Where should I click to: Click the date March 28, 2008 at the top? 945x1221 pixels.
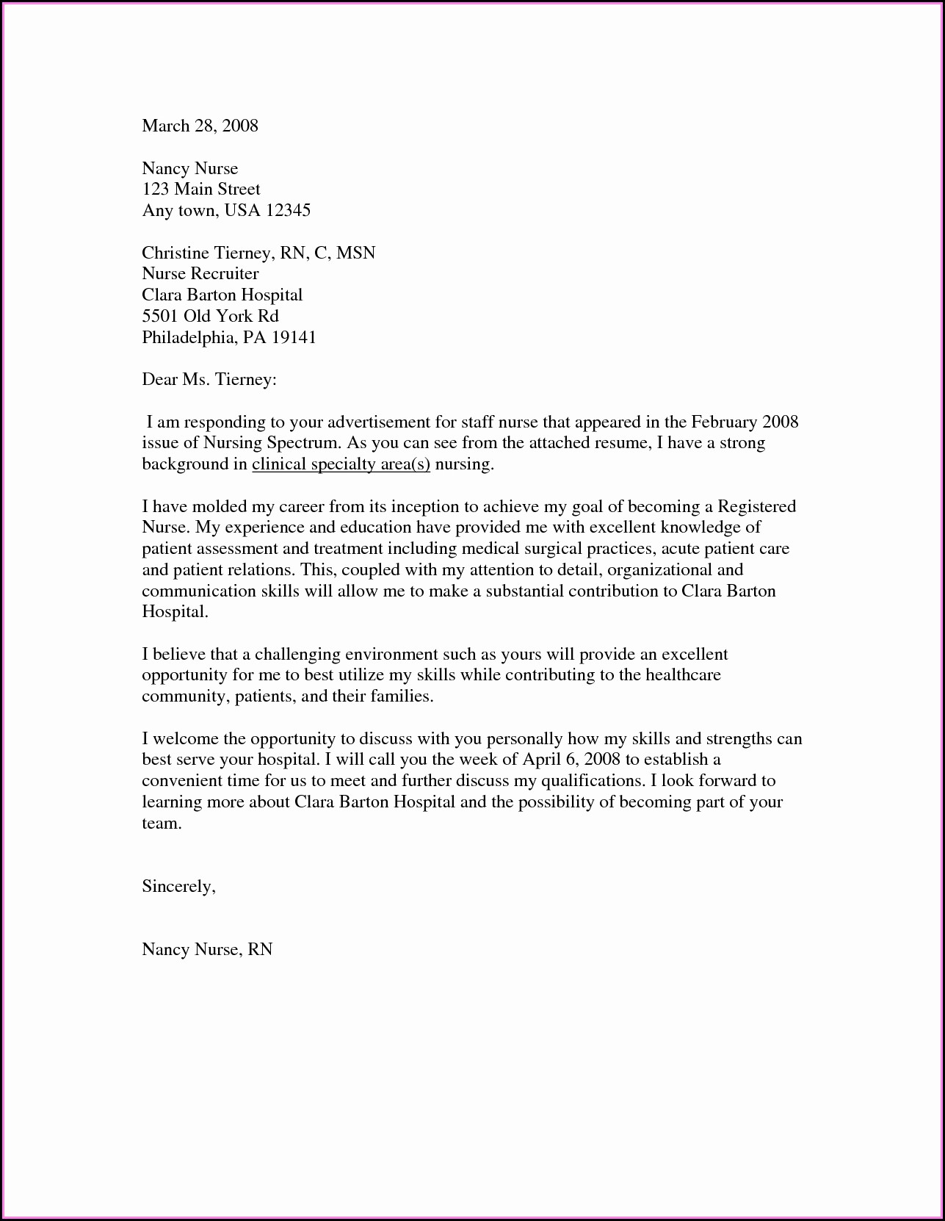point(200,126)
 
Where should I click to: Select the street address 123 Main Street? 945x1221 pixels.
point(200,190)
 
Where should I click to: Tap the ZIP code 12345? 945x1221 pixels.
point(288,211)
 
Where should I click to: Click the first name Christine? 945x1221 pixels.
point(175,253)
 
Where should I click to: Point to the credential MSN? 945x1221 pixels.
point(356,253)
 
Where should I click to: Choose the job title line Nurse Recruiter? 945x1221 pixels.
point(200,274)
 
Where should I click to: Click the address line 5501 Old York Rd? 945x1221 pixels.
point(210,317)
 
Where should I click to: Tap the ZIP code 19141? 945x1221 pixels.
point(294,338)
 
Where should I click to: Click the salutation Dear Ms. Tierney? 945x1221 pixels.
point(209,380)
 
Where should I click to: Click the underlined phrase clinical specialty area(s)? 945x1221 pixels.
point(341,464)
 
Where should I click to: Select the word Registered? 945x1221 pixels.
point(756,507)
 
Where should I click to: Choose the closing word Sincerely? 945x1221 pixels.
point(178,887)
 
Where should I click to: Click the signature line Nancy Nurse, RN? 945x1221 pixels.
point(207,950)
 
